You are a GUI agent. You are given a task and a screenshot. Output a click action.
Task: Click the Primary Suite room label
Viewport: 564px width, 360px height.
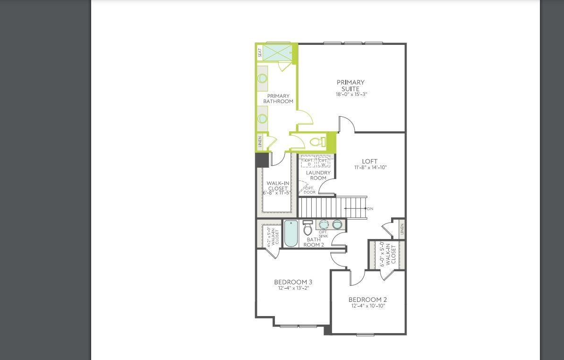350,86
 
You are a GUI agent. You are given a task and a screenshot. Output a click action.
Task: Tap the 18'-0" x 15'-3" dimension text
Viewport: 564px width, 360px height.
351,94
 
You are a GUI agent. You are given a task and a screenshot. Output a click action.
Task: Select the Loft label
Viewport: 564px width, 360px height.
370,162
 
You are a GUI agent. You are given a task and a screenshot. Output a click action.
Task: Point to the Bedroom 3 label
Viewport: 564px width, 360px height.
293,282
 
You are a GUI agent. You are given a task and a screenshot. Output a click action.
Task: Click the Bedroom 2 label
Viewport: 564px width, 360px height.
367,300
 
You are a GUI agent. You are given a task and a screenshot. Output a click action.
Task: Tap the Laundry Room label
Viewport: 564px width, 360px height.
318,175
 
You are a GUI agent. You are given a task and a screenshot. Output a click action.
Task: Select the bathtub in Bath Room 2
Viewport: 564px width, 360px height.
291,233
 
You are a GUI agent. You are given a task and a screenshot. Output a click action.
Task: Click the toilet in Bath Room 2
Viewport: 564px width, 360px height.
308,228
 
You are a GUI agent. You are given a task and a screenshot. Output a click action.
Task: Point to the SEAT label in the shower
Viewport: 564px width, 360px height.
260,53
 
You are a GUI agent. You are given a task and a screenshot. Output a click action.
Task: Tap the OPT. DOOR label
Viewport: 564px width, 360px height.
309,190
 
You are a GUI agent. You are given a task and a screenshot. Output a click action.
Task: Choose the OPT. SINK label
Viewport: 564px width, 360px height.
323,234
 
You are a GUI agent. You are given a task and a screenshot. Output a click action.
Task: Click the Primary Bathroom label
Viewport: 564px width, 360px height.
278,99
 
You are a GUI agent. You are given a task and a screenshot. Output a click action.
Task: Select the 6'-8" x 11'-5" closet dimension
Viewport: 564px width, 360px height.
277,193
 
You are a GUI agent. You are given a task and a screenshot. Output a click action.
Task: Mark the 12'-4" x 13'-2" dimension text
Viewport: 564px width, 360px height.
293,288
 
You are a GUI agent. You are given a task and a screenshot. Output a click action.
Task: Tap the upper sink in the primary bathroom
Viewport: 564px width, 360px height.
262,79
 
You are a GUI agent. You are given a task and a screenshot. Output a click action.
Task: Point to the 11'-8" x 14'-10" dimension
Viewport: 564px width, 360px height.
370,168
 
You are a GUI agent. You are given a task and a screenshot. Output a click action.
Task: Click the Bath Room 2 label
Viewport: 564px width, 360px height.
314,242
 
